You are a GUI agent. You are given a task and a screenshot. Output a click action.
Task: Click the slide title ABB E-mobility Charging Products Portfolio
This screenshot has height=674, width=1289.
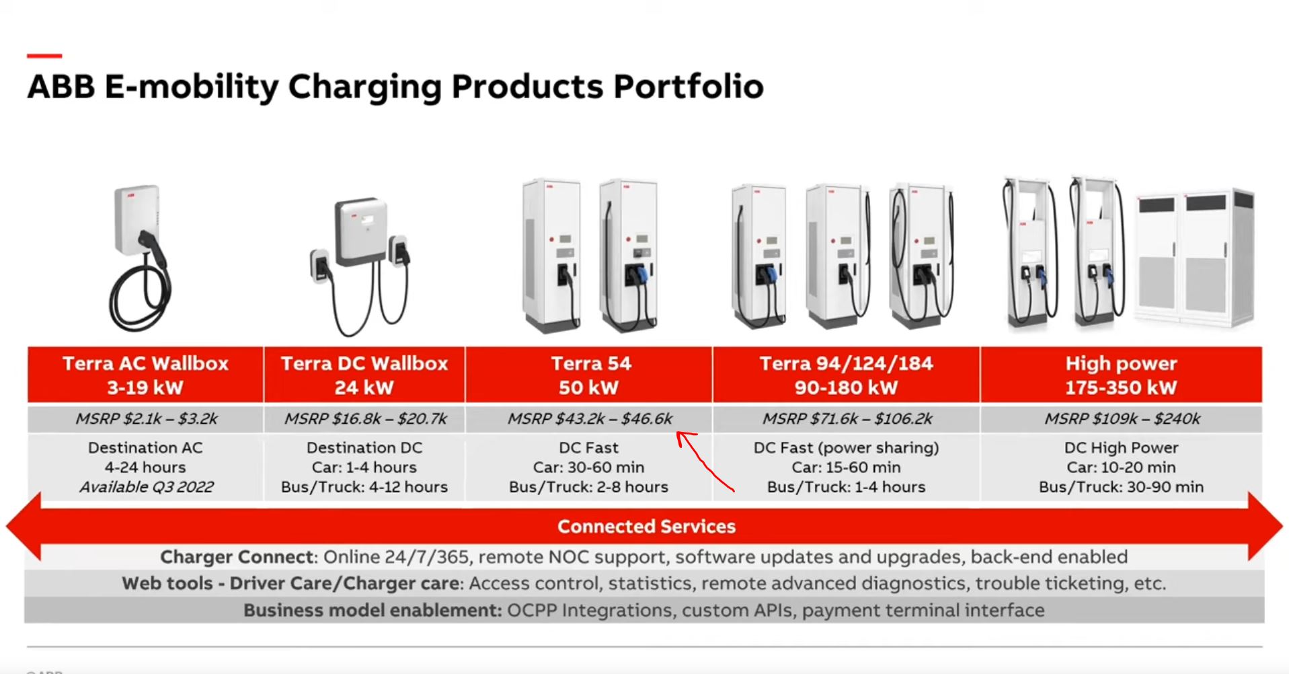(x=395, y=87)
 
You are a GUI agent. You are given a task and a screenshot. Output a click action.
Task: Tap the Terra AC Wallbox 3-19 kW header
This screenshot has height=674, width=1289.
(x=145, y=375)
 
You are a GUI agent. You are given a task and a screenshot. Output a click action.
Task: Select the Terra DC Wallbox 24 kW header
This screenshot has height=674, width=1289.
(x=364, y=375)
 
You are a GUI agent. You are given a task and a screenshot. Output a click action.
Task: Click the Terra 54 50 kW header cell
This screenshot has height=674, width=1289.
(x=589, y=375)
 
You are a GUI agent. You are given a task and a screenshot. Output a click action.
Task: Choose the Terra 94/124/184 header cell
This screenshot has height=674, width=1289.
(x=847, y=375)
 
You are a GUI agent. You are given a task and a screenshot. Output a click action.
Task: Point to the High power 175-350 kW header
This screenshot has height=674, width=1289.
(x=1121, y=375)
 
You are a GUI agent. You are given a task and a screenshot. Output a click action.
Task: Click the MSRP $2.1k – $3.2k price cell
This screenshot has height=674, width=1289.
(x=146, y=418)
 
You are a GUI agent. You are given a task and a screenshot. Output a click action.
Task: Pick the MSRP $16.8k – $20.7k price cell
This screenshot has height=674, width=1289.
(x=365, y=418)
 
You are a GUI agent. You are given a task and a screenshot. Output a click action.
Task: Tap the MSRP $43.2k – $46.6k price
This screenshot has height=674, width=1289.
(x=590, y=418)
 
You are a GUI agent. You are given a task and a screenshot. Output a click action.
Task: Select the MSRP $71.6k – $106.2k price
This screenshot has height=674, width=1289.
(x=847, y=418)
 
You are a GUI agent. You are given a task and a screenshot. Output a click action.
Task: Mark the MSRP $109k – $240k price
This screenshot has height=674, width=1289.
(x=1122, y=418)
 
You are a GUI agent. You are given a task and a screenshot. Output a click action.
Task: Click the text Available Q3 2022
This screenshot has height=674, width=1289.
(x=147, y=487)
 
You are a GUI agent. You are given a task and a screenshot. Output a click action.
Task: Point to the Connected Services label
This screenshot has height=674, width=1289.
(x=646, y=526)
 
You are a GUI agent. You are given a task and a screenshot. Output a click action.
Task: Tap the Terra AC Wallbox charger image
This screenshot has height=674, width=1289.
(x=141, y=258)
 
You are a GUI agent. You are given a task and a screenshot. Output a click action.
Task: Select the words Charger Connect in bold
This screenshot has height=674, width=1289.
(x=237, y=557)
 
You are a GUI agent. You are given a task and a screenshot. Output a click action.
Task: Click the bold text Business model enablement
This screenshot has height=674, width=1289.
(x=373, y=610)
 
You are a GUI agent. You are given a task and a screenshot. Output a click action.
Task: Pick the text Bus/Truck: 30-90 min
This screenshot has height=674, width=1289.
(x=1121, y=487)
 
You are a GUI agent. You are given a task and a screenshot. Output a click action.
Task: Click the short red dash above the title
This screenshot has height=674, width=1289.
(x=44, y=56)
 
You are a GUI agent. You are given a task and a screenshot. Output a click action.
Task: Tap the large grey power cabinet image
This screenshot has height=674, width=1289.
(x=1195, y=258)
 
